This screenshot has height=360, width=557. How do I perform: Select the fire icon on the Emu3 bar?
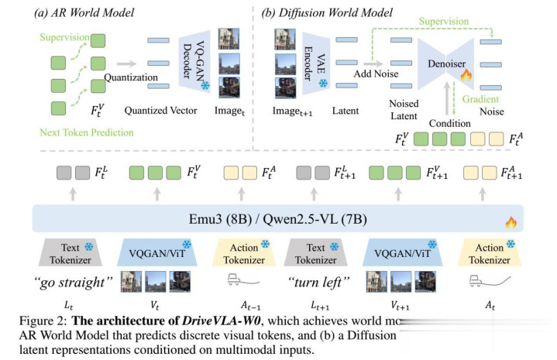pos(510,222)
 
